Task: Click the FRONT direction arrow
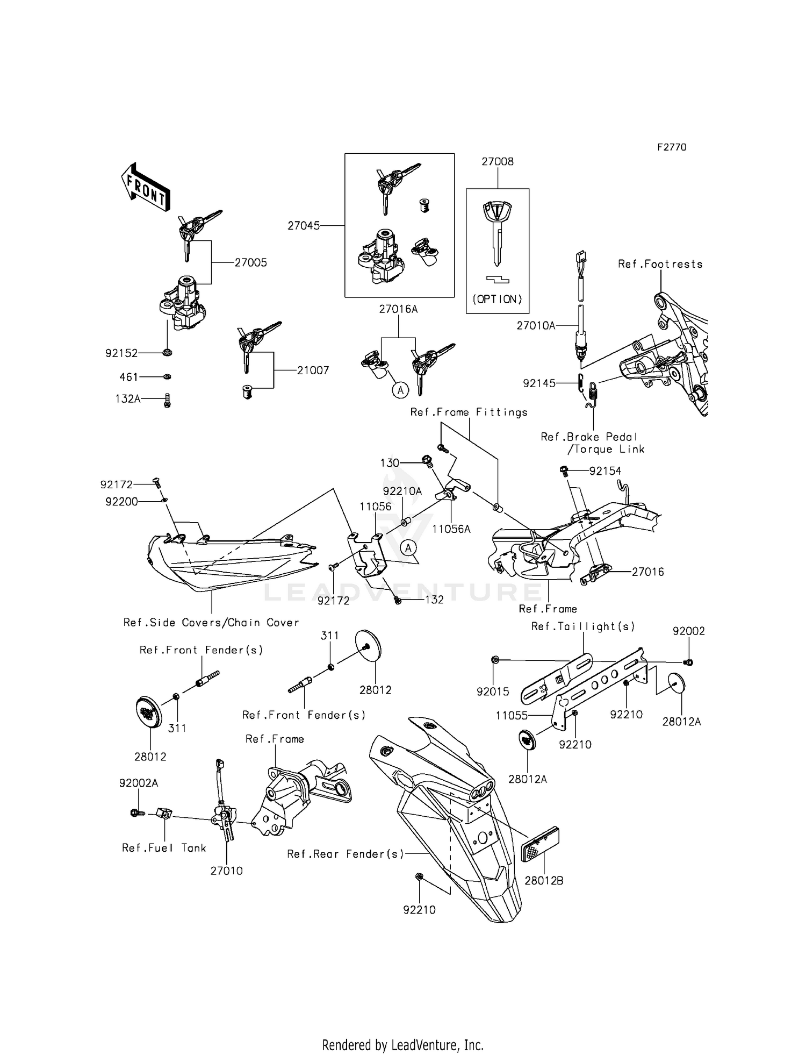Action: [145, 187]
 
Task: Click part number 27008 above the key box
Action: [497, 161]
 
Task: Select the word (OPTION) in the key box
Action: [497, 300]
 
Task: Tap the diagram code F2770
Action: [672, 147]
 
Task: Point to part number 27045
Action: [304, 226]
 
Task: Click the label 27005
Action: [250, 263]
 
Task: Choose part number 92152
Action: [121, 353]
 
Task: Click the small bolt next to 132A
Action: [167, 400]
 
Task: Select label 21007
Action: [313, 370]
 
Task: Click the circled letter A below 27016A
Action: [400, 389]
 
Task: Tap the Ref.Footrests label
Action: [660, 264]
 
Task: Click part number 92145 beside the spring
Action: [539, 383]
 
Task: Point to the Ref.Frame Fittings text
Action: [469, 412]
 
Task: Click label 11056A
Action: [451, 529]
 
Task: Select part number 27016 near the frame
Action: [647, 572]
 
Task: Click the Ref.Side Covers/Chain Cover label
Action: [211, 623]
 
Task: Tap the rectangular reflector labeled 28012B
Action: [541, 845]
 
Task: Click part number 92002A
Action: [139, 783]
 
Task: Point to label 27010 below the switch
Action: [226, 871]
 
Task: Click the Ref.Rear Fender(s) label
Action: [345, 854]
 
